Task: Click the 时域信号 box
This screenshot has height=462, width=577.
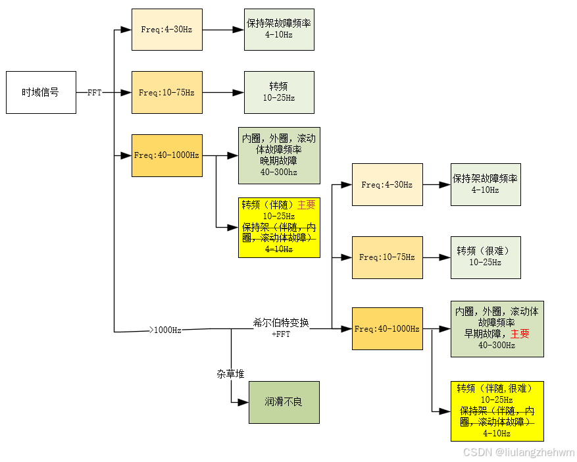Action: pos(41,92)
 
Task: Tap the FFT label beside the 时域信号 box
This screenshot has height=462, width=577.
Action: pos(95,93)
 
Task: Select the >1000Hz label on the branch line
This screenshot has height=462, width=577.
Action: pos(167,330)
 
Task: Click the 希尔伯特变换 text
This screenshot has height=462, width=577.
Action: pos(281,323)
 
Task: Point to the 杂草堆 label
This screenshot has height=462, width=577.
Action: pos(230,374)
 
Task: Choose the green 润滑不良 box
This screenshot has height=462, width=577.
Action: pos(284,402)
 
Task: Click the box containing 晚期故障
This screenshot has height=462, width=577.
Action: pos(278,155)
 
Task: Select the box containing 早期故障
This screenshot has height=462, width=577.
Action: pos(497,329)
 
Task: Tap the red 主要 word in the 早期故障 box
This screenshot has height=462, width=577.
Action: pos(520,334)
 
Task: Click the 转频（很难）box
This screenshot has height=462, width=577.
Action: pos(485,257)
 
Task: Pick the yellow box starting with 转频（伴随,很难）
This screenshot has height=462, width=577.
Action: pos(497,411)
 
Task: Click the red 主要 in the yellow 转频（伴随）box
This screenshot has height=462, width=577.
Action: pos(306,205)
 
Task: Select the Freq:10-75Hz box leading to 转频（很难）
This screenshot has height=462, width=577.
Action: pos(387,257)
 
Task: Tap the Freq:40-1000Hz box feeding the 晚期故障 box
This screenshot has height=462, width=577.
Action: pos(166,155)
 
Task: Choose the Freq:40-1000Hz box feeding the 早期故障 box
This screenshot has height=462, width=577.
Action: pos(387,328)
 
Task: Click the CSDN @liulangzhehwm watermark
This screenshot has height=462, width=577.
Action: pos(518,453)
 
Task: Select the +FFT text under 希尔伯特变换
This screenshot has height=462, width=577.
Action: pos(281,334)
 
